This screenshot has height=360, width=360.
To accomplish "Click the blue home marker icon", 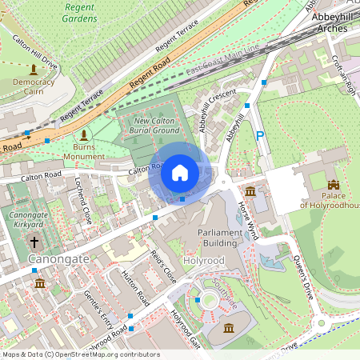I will click(x=180, y=172).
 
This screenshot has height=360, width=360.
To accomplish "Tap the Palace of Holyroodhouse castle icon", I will click(x=333, y=185).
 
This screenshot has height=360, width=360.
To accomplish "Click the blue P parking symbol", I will click(x=259, y=137).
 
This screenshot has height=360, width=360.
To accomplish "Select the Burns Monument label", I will click(x=84, y=151).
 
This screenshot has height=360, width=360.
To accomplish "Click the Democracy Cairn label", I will click(x=34, y=87).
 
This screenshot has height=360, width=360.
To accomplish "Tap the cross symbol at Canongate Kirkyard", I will click(x=34, y=241).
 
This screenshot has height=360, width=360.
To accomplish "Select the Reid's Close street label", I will click(x=163, y=266).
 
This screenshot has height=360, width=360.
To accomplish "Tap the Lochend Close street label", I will click(x=84, y=202).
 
